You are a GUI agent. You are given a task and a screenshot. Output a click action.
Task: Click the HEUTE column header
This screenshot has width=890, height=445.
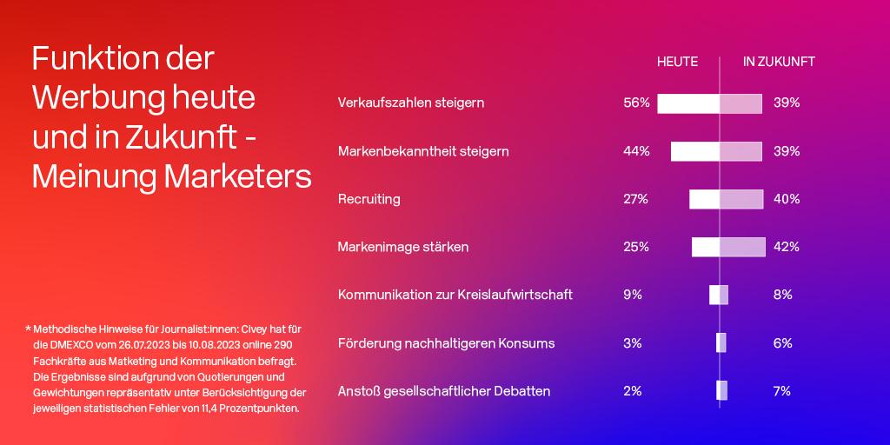677,62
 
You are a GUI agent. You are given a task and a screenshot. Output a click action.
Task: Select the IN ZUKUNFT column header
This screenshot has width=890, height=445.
779,62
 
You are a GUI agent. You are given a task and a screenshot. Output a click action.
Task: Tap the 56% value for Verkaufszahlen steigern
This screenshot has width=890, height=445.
635,103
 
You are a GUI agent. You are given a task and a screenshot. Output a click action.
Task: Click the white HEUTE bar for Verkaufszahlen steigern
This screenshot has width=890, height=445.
688,104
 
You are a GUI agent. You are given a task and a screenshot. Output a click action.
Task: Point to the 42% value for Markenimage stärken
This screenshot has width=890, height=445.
786,247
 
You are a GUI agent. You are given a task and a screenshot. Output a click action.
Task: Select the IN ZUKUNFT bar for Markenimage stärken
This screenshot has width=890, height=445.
742,247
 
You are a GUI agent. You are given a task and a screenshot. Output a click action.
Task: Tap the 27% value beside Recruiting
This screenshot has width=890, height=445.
635,199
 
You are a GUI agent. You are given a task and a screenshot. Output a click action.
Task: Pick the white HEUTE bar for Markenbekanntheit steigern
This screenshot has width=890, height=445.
695,151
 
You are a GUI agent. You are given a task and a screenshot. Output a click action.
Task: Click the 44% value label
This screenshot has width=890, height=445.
635,151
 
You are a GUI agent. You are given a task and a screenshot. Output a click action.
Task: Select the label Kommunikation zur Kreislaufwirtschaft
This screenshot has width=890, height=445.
455,295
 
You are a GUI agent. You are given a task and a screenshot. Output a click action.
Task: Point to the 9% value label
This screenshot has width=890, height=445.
633,295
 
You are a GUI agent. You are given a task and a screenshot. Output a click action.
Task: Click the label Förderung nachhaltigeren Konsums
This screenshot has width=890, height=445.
446,343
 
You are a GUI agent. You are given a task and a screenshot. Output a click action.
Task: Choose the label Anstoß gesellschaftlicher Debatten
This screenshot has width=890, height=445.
444,391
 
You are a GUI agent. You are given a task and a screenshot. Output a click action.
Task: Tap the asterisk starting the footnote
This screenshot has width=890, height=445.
28,328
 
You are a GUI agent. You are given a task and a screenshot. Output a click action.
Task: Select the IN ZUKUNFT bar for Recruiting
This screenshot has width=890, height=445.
741,199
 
